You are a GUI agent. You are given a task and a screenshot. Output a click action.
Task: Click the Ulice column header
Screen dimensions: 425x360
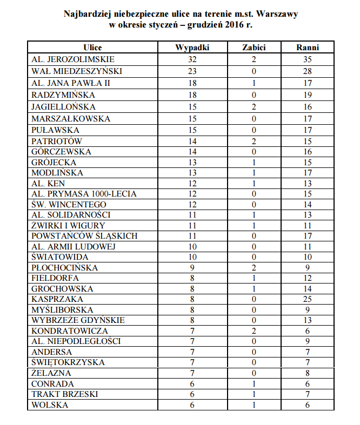tap(92, 48)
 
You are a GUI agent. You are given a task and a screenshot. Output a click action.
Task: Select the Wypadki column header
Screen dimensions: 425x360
tap(192, 48)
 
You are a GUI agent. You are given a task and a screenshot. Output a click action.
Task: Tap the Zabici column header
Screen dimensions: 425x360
tap(254, 48)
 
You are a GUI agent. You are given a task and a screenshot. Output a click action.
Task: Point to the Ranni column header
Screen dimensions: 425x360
tap(308, 48)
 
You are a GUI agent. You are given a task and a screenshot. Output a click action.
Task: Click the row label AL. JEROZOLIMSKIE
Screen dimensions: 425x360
tap(72, 59)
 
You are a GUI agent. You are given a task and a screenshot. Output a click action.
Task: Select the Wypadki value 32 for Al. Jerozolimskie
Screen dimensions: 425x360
tap(192, 59)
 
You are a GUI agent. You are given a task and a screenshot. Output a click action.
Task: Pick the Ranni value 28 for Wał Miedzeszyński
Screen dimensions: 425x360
tap(308, 71)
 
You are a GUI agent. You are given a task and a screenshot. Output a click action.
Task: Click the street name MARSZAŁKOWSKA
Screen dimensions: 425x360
tap(71, 118)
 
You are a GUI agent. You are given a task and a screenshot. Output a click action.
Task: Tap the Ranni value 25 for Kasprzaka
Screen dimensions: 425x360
tap(308, 299)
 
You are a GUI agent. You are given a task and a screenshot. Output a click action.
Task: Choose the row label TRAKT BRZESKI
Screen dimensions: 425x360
tap(65, 394)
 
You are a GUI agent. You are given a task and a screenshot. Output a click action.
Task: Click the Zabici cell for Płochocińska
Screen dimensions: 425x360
tap(254, 267)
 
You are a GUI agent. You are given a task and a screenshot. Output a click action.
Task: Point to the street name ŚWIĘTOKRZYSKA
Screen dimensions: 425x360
tap(68, 362)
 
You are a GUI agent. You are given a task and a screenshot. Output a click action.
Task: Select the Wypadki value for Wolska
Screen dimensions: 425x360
tap(192, 404)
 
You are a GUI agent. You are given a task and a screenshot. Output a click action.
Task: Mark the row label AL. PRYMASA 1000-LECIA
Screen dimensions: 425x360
tap(84, 194)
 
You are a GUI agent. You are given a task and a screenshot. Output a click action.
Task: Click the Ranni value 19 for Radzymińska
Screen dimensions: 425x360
tap(308, 95)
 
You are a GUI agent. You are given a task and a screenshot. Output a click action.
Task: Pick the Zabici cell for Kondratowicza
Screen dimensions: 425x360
tap(254, 330)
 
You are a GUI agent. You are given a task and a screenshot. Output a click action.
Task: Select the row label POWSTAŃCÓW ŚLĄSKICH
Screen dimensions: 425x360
tap(84, 236)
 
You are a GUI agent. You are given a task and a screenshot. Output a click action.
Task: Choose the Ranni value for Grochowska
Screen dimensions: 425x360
tap(308, 288)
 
